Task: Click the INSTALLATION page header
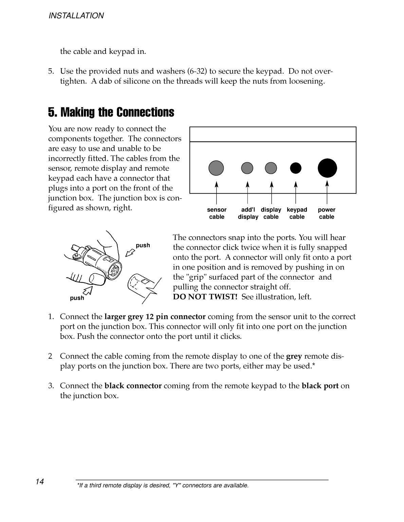click(x=76, y=16)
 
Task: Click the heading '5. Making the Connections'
click(x=111, y=112)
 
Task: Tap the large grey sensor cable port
click(x=216, y=168)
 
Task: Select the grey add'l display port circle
click(x=247, y=168)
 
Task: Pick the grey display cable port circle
click(x=271, y=168)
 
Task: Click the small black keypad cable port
click(x=296, y=168)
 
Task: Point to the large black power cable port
click(x=327, y=168)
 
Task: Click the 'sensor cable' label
click(x=217, y=213)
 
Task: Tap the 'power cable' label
click(x=327, y=213)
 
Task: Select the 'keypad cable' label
click(x=297, y=213)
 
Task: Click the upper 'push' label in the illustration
click(x=143, y=245)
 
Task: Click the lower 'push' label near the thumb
click(x=77, y=298)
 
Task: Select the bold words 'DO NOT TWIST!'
click(x=205, y=297)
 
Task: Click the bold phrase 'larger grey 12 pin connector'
click(x=155, y=317)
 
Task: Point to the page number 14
click(x=40, y=482)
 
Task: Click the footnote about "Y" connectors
click(x=163, y=485)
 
